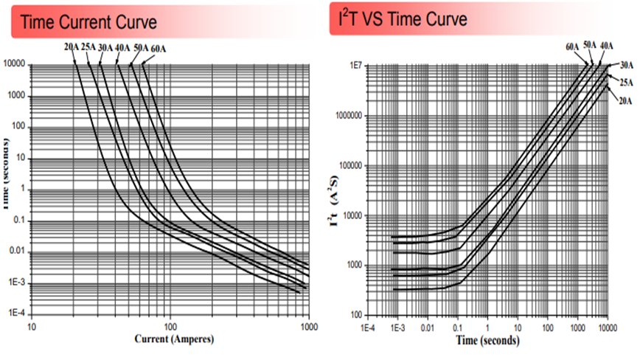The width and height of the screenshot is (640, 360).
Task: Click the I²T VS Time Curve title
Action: [x=402, y=19]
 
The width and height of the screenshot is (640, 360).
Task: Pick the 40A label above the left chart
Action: [x=123, y=49]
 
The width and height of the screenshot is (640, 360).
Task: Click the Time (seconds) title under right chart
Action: [x=486, y=341]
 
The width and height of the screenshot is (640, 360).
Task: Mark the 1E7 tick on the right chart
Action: [x=354, y=66]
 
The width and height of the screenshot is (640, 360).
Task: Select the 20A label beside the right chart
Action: [x=625, y=100]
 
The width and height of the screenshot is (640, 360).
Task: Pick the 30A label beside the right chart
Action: [x=625, y=66]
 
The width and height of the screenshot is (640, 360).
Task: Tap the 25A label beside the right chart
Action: [x=625, y=83]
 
